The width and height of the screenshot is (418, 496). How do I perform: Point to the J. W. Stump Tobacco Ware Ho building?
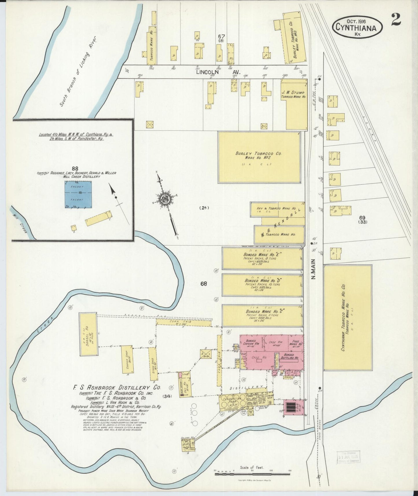coord(293,105)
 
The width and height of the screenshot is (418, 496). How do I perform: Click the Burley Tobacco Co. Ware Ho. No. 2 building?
coord(259,157)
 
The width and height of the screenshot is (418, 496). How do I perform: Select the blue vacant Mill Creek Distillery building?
coord(78,194)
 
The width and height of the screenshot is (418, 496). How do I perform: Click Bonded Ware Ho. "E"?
coord(262,258)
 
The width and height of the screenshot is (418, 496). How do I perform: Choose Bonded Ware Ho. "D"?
coord(262,285)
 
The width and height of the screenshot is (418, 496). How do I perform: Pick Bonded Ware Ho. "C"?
coord(262,315)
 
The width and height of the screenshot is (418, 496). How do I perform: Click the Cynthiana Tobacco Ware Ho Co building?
coord(347,317)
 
